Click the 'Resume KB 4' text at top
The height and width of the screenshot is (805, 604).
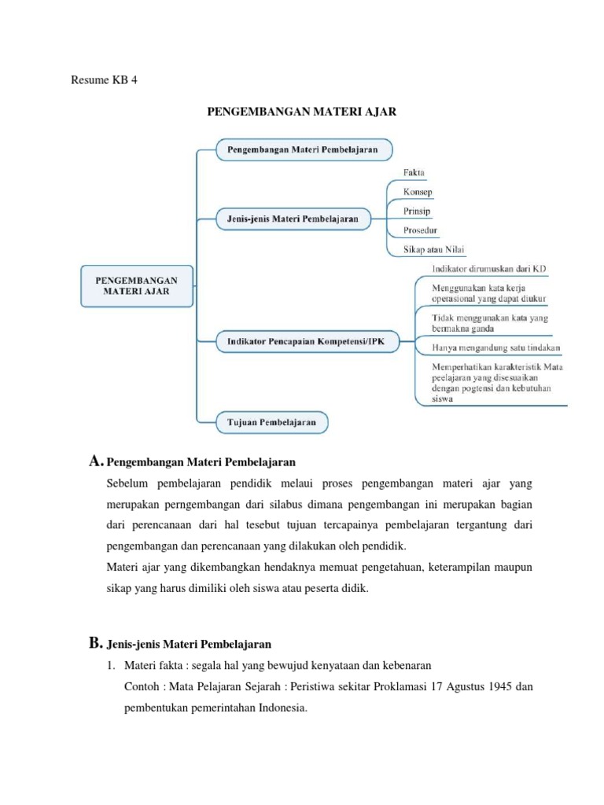104,80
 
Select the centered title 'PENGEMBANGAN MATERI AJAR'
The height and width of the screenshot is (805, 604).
302,112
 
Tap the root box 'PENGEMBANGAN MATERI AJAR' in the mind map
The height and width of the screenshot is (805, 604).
136,285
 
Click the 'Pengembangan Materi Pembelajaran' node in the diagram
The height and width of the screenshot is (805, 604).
302,149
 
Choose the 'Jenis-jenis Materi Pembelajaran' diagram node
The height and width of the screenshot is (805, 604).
293,219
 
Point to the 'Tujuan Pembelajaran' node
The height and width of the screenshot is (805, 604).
272,421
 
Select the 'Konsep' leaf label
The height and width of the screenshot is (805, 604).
418,192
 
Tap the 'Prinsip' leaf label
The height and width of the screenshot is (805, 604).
417,211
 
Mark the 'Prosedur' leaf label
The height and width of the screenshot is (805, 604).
421,231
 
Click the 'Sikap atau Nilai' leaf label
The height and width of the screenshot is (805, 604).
433,250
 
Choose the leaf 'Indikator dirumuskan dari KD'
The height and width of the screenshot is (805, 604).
488,270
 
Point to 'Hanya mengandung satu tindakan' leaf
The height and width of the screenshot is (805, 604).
496,347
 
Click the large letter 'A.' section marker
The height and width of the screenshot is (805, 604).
96,460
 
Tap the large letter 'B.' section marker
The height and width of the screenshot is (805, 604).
96,644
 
